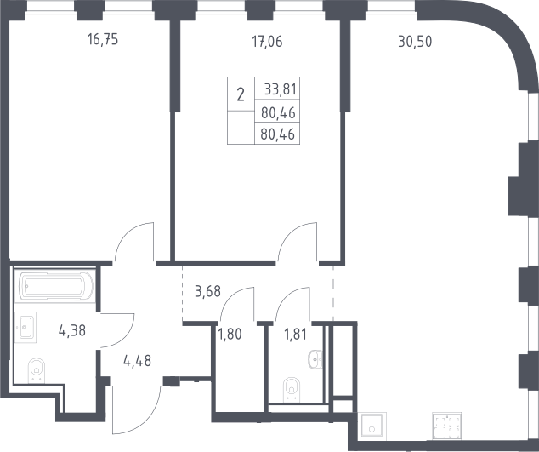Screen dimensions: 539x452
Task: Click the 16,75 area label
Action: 103,40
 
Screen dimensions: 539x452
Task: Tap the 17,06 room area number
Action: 267,42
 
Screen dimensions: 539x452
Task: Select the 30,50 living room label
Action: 415,42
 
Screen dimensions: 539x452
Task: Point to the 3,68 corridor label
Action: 207,292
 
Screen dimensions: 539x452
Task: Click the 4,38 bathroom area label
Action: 72,331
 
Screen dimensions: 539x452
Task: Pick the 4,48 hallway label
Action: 137,361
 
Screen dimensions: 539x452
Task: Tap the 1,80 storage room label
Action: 230,334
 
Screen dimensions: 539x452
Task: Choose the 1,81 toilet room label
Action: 295,334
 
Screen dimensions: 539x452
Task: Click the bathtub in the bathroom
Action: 54,286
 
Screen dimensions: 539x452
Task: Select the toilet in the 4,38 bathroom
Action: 37,370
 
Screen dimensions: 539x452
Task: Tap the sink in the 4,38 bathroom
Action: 26,327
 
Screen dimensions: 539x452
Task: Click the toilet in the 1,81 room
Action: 292,389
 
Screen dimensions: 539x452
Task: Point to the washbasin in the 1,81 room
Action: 315,360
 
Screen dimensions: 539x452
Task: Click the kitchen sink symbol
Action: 372,426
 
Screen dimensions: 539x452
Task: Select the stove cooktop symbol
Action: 446,426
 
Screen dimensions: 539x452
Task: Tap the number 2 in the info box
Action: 241,94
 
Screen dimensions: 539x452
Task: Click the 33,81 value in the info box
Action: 281,89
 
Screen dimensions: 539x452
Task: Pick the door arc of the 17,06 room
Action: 290,234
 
